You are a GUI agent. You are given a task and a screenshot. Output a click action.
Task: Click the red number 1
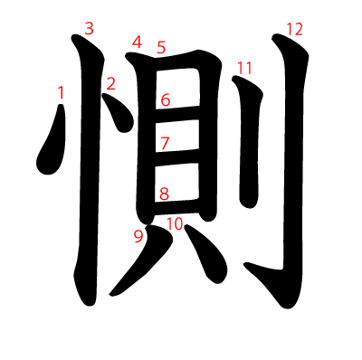(61, 92)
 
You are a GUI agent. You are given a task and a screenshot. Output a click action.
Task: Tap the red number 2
(110, 84)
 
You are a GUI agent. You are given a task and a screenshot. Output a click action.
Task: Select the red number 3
(89, 29)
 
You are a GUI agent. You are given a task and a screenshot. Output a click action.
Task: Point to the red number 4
(137, 43)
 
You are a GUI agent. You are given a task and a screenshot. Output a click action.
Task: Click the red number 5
(161, 47)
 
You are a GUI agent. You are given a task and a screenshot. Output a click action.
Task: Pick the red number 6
(166, 99)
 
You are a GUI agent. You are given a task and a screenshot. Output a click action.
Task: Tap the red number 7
(165, 143)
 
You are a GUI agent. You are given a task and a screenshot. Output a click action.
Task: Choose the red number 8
(164, 194)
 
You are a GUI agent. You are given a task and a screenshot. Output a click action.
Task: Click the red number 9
(138, 237)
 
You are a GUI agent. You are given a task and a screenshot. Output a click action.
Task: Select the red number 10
(175, 223)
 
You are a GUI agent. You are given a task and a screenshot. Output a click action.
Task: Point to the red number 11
(244, 68)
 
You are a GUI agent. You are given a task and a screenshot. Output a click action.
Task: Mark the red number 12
(294, 30)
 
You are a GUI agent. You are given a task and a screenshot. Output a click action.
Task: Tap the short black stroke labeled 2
(119, 113)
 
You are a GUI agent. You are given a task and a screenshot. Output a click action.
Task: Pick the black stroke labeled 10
(206, 251)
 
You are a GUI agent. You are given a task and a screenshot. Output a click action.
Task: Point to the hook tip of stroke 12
(245, 264)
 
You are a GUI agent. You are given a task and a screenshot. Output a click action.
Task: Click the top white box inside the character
(177, 89)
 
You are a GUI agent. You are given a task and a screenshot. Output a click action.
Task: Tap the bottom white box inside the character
(176, 183)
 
